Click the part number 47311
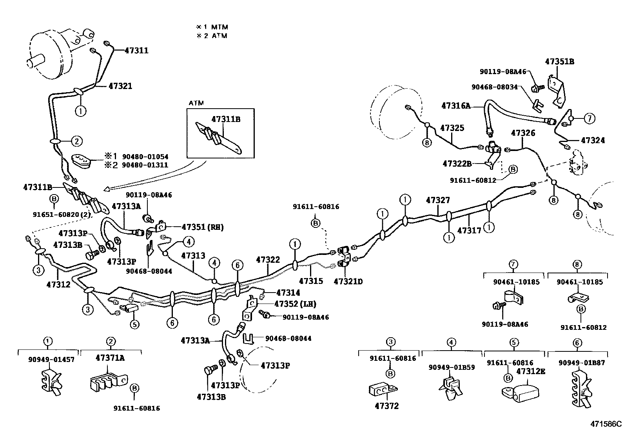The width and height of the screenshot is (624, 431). point(137,50)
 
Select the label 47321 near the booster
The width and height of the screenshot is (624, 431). point(120,86)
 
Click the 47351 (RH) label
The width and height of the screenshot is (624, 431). point(203,227)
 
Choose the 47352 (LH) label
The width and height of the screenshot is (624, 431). point(295,304)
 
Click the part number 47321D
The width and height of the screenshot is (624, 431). point(348,281)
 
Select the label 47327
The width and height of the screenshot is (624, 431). point(438,200)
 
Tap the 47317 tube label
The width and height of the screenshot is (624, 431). point(469,231)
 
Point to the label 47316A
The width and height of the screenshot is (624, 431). point(455,105)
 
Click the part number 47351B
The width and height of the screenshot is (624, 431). point(559,62)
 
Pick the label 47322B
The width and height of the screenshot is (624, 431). point(457,164)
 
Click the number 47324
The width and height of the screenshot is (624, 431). point(593,140)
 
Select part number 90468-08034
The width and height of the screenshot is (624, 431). point(494,87)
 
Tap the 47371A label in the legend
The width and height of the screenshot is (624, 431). point(111,357)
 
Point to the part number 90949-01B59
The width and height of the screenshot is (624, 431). point(452,367)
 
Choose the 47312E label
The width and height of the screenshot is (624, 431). point(530,371)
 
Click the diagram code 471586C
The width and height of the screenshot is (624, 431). point(606,424)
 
